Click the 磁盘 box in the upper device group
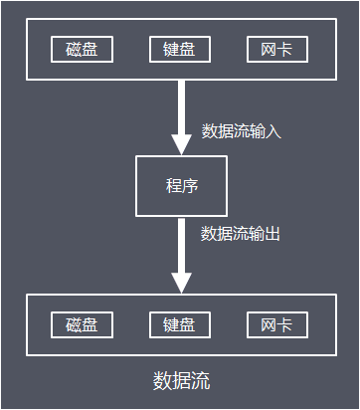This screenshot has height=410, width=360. pyautogui.click(x=82, y=50)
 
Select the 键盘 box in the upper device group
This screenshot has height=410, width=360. pyautogui.click(x=180, y=50)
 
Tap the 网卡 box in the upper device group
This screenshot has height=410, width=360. pyautogui.click(x=277, y=50)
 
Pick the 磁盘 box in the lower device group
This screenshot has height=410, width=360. pyautogui.click(x=82, y=325)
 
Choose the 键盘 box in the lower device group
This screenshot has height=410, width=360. pyautogui.click(x=180, y=325)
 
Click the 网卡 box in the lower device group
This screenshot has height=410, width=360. pyautogui.click(x=277, y=325)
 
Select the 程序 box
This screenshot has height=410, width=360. pyautogui.click(x=180, y=186)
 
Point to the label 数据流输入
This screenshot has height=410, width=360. pyautogui.click(x=242, y=130)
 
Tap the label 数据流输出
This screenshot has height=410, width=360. pyautogui.click(x=241, y=234)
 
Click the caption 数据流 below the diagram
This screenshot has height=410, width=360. pyautogui.click(x=181, y=381)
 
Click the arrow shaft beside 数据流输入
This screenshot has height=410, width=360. pyautogui.click(x=180, y=103)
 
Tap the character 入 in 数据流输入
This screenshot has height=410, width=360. pyautogui.click(x=274, y=130)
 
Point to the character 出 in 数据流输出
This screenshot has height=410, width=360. pyautogui.click(x=273, y=234)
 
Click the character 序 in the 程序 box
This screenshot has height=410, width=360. pyautogui.click(x=190, y=186)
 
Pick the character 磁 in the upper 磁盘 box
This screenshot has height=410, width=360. pyautogui.click(x=74, y=50)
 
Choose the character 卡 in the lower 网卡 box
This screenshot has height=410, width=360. pyautogui.click(x=285, y=325)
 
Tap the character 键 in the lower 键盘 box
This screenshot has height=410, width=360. pyautogui.click(x=172, y=325)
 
